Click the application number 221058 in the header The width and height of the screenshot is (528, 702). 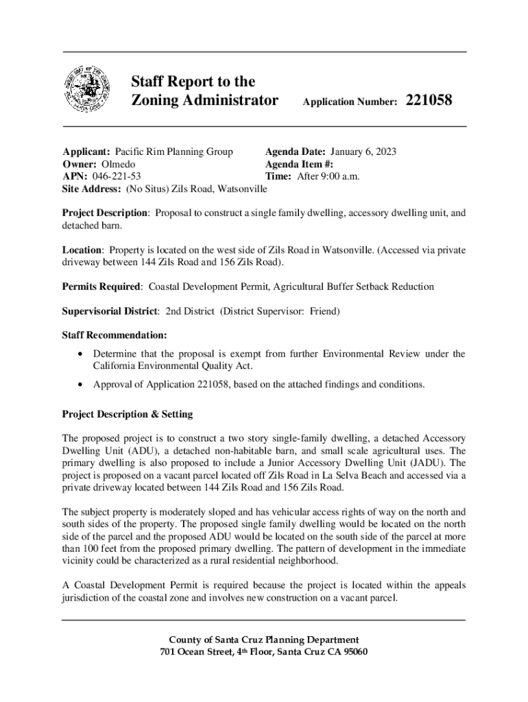pyautogui.click(x=429, y=101)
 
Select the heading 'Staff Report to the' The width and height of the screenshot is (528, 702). pyautogui.click(x=193, y=82)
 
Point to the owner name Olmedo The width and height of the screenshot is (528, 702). pyautogui.click(x=118, y=164)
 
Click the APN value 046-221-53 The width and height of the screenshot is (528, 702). pyautogui.click(x=112, y=176)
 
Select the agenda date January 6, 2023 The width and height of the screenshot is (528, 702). pyautogui.click(x=363, y=152)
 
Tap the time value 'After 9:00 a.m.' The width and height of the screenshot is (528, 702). pyautogui.click(x=328, y=176)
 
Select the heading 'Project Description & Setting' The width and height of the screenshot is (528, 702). pyautogui.click(x=128, y=414)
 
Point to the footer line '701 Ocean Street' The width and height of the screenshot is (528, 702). pyautogui.click(x=264, y=652)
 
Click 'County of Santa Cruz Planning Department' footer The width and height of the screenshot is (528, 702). pyautogui.click(x=264, y=640)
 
